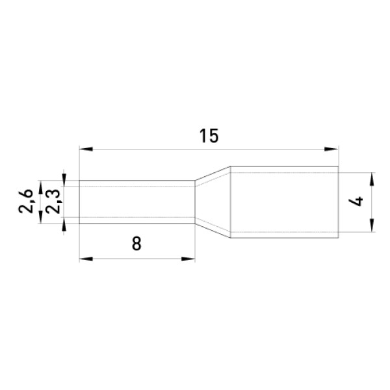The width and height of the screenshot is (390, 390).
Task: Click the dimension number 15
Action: (209, 136)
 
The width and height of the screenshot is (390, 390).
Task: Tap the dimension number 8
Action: (136, 243)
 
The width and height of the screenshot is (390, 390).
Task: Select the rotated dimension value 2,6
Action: (26, 201)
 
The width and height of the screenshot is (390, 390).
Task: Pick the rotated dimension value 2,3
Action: (53, 201)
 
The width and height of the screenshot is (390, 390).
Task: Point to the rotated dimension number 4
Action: (356, 201)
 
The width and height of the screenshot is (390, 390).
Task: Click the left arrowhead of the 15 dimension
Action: (86, 149)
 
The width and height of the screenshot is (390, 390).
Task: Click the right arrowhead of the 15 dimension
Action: (331, 149)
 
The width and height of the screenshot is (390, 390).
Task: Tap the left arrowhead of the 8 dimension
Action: (86, 259)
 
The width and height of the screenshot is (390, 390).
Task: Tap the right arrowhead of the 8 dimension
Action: (188, 259)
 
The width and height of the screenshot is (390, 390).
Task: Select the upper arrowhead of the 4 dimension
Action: (372, 179)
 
